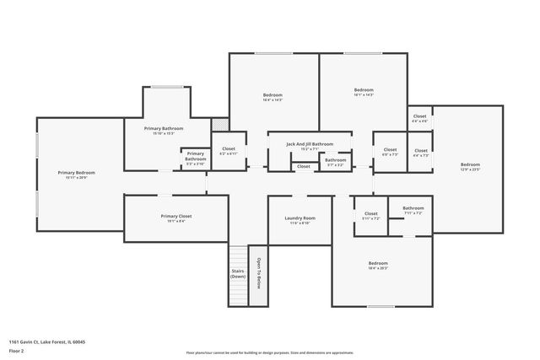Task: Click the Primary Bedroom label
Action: click(72, 172)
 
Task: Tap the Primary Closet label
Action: click(176, 216)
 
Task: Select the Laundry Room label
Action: click(299, 218)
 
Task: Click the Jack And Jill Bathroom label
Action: click(309, 143)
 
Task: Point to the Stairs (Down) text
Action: click(238, 274)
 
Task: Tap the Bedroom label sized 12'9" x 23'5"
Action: click(470, 164)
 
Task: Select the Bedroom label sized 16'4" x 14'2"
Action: click(273, 94)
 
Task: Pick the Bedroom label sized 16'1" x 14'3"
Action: click(364, 89)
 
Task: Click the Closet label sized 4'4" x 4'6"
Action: click(419, 116)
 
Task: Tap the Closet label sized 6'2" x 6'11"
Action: click(228, 148)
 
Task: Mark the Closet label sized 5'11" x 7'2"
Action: click(370, 213)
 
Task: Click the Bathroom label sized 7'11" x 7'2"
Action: click(413, 207)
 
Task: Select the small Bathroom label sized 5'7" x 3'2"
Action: click(335, 159)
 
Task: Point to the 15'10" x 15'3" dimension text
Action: click(164, 133)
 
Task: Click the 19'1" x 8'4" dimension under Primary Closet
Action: click(176, 222)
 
